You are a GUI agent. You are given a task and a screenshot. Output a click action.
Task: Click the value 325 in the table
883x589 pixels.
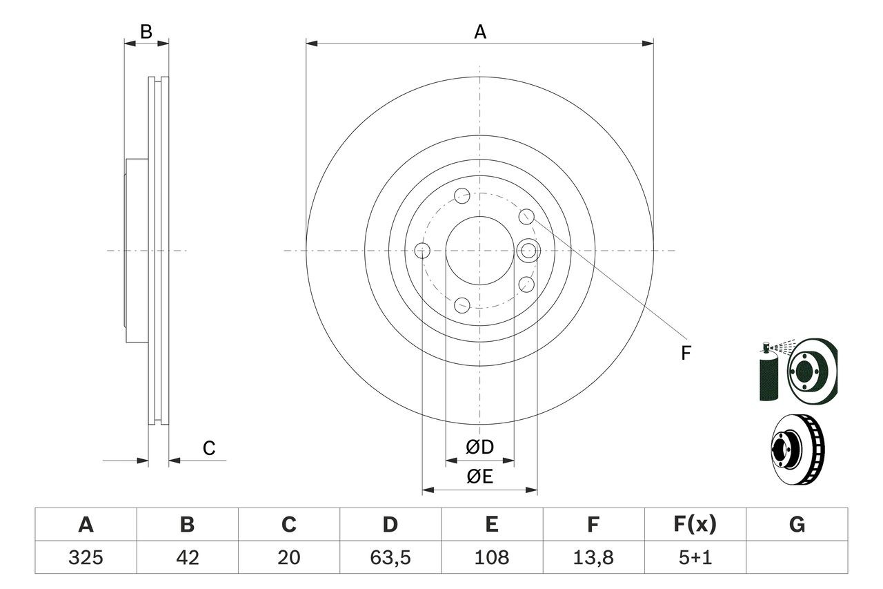(86, 557)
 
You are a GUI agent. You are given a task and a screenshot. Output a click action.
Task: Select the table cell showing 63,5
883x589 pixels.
(390, 557)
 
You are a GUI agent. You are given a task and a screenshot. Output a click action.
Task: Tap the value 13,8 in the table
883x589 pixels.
(593, 557)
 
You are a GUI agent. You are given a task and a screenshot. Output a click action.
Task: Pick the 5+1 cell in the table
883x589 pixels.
(694, 557)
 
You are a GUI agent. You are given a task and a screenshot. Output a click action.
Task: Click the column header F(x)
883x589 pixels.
(694, 525)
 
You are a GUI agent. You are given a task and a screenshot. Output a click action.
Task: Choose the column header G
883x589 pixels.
(797, 525)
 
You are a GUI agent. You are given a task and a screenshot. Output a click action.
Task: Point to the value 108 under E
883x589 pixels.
(491, 557)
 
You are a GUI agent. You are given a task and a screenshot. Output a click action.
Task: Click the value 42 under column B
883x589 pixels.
(187, 557)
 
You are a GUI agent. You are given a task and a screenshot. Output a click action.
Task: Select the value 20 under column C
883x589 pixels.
(288, 557)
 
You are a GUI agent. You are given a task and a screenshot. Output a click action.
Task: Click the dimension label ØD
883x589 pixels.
(480, 447)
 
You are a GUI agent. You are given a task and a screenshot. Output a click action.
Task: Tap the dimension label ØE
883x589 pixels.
(480, 477)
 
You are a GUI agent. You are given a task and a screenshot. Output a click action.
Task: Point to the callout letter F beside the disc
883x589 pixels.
(686, 354)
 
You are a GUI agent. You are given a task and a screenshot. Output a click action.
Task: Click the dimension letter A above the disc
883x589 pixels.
(479, 32)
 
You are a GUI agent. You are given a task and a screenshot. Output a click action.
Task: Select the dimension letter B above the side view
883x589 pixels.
(146, 32)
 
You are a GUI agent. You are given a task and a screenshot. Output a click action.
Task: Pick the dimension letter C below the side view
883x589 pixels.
(209, 449)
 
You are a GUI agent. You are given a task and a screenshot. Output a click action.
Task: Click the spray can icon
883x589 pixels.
(767, 373)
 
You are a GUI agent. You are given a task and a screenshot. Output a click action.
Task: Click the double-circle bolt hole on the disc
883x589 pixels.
(528, 250)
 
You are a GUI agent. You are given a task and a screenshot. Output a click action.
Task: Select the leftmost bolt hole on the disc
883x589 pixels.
(422, 250)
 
